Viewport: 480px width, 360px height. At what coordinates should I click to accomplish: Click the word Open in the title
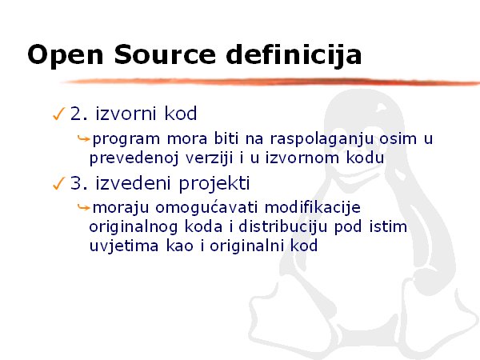(x=66, y=55)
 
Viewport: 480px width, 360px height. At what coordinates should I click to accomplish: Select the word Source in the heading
(x=166, y=54)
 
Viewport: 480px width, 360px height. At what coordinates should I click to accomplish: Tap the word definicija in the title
(x=294, y=54)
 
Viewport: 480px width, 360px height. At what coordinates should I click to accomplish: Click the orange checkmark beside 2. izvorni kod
(x=58, y=114)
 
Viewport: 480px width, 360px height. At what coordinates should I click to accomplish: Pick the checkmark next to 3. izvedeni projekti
(x=58, y=183)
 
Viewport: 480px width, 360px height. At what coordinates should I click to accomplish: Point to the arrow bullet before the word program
(x=83, y=138)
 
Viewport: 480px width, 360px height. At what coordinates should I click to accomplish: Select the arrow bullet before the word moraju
(x=83, y=207)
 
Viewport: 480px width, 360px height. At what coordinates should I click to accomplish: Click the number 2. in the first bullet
(x=79, y=114)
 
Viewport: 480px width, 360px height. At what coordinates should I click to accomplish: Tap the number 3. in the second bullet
(x=79, y=183)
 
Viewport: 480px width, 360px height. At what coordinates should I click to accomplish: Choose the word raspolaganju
(x=322, y=139)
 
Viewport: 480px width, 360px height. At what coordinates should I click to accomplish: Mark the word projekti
(x=214, y=184)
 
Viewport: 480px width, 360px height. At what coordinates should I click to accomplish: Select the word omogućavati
(x=206, y=208)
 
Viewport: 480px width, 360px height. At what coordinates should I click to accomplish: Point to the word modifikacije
(x=313, y=208)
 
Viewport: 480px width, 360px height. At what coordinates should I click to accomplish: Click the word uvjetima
(x=124, y=246)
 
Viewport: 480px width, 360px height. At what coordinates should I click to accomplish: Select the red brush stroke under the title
(x=270, y=82)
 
